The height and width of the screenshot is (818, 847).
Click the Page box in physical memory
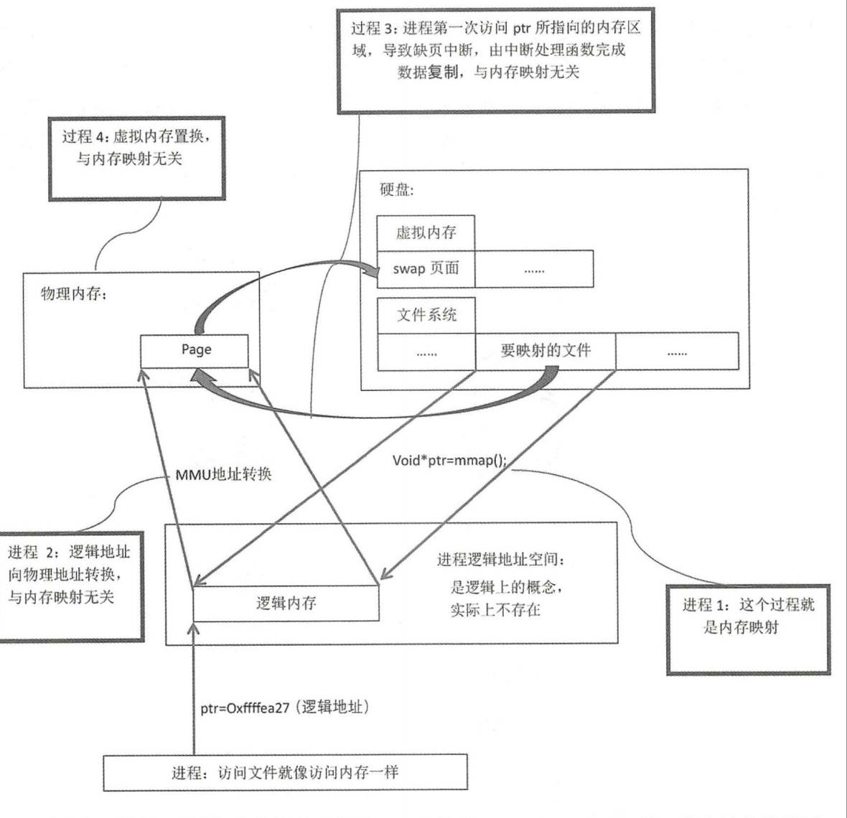click(195, 350)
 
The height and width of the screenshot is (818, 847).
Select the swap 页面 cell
click(426, 269)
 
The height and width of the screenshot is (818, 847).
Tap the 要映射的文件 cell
click(545, 351)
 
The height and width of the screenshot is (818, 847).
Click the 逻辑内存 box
click(286, 603)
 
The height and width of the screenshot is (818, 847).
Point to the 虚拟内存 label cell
click(426, 232)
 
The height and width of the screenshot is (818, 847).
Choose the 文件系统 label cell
click(426, 315)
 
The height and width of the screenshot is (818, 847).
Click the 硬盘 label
click(397, 190)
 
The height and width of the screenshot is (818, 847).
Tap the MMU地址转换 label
click(223, 474)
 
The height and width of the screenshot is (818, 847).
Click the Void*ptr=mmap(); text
click(449, 460)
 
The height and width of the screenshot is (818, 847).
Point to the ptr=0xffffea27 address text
click(284, 707)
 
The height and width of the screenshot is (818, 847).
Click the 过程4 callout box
click(136, 157)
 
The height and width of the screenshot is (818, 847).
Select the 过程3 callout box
click(495, 61)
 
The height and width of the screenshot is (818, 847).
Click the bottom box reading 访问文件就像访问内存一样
click(285, 773)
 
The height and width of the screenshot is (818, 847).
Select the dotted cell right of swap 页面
click(533, 270)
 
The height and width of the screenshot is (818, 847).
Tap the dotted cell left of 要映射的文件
click(426, 352)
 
